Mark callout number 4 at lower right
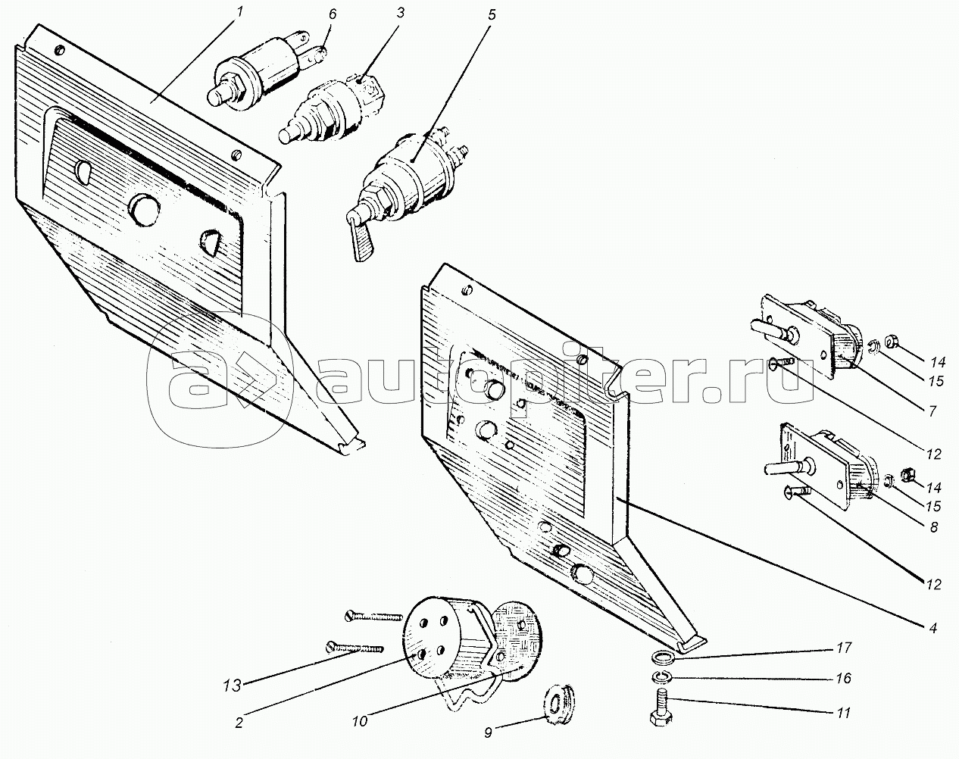(933, 627)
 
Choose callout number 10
(360, 721)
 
